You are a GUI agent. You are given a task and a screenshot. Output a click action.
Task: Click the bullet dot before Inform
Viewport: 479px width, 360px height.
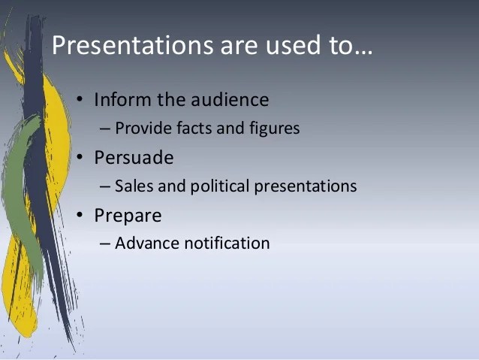click(81, 100)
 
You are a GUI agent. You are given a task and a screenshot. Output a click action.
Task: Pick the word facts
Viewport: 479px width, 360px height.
click(193, 129)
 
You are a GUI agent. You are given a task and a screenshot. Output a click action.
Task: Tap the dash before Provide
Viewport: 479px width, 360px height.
click(106, 129)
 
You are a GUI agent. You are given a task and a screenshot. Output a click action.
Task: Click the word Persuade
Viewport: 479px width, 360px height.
click(134, 157)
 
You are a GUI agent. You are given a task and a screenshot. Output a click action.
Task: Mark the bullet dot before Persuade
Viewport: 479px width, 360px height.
click(81, 158)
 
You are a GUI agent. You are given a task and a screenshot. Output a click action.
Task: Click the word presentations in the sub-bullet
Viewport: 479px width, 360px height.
click(309, 186)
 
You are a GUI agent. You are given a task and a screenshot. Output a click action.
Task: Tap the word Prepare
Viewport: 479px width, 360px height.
click(128, 216)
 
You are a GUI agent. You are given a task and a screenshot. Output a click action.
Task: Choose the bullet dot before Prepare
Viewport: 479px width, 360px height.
click(81, 216)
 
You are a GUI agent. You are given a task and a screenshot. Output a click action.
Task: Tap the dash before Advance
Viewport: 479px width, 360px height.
click(106, 244)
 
